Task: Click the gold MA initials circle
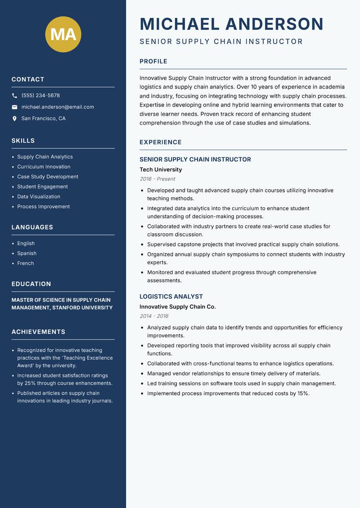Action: pyautogui.click(x=63, y=34)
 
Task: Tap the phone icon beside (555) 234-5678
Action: pyautogui.click(x=14, y=96)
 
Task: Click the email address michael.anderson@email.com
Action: pyautogui.click(x=58, y=107)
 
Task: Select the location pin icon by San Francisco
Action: pyautogui.click(x=14, y=119)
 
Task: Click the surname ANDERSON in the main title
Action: pyautogui.click(x=274, y=24)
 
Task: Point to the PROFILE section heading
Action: pyautogui.click(x=153, y=62)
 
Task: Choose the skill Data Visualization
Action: pyautogui.click(x=39, y=196)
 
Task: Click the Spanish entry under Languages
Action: pyautogui.click(x=27, y=253)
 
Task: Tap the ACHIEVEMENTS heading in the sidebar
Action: pyautogui.click(x=38, y=332)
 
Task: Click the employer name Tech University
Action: pyautogui.click(x=161, y=169)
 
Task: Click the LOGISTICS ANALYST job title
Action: pyautogui.click(x=171, y=297)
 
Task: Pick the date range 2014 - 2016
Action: pyautogui.click(x=154, y=316)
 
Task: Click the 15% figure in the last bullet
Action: pyautogui.click(x=302, y=393)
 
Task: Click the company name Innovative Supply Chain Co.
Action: pyautogui.click(x=177, y=307)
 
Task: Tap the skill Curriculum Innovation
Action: pyautogui.click(x=44, y=167)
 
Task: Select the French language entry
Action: pyautogui.click(x=26, y=263)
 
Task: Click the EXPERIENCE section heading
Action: pyautogui.click(x=161, y=142)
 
